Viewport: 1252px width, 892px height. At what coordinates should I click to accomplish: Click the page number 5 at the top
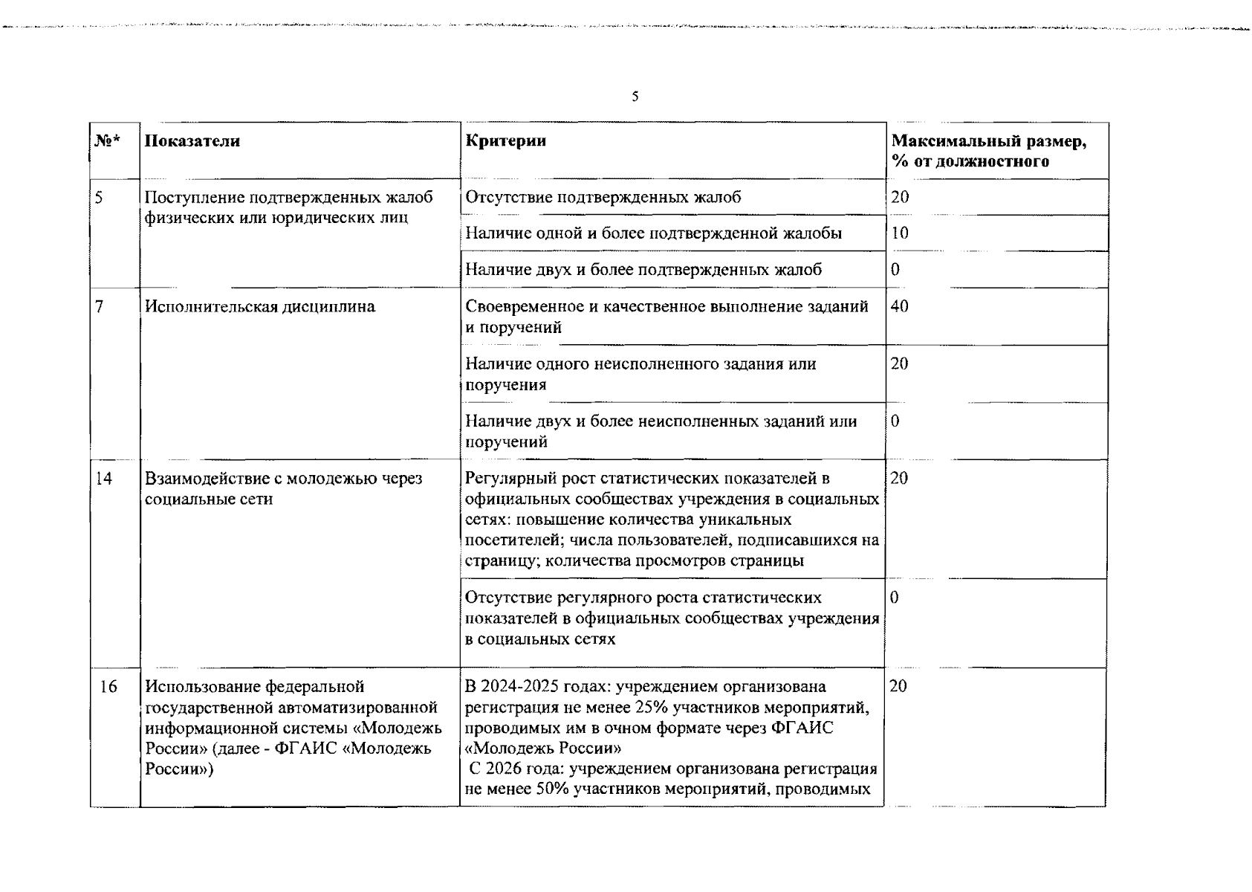pos(635,97)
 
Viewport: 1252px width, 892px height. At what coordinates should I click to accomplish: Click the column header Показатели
pos(192,141)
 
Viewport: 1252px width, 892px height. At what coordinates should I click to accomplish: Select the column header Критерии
pos(505,141)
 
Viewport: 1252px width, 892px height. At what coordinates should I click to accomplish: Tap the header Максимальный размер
pos(988,141)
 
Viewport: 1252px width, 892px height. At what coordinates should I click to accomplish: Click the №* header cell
pos(108,141)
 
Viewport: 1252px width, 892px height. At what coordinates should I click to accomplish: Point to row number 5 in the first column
pos(100,198)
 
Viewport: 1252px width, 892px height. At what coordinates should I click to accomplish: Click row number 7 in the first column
pos(100,307)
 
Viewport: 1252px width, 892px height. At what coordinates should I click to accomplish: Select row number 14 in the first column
pos(104,479)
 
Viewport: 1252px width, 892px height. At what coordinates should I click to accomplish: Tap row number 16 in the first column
pos(108,687)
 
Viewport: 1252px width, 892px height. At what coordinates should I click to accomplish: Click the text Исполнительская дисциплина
pos(260,307)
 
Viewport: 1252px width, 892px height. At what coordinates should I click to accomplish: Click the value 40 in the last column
pos(899,307)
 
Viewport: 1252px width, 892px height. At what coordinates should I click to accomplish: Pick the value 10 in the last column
pos(899,233)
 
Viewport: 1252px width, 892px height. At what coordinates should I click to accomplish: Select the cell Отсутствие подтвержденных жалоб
pos(603,198)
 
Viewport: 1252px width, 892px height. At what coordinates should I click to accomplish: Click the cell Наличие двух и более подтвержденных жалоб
pos(643,270)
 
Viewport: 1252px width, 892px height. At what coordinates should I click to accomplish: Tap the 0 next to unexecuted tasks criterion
pos(895,421)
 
